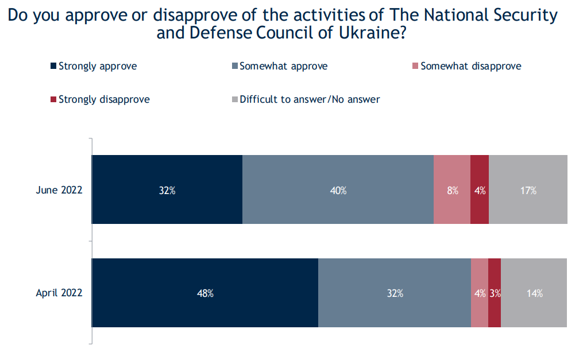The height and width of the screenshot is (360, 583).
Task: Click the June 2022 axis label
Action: (59, 190)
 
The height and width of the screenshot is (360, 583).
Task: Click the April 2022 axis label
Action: (59, 293)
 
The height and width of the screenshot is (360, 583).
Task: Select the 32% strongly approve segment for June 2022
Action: (167, 189)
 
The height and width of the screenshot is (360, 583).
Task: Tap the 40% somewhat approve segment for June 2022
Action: (338, 189)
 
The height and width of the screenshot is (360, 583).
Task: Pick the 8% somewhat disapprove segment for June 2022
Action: (452, 189)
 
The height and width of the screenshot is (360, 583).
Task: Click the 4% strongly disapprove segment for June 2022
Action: (480, 189)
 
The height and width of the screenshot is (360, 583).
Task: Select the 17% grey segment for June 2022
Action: (528, 189)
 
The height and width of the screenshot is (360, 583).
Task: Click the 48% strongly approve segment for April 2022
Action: (205, 293)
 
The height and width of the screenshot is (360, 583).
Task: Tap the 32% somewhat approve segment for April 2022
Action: (395, 293)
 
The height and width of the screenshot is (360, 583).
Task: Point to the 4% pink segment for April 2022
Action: (479, 293)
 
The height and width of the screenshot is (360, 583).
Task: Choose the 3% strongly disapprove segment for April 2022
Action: (495, 293)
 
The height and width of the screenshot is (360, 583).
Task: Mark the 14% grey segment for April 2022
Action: (534, 293)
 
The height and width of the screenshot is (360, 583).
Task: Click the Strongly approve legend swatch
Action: (54, 66)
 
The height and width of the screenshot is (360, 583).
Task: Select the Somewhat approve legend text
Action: (283, 66)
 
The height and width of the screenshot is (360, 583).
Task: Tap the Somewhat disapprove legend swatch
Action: (416, 66)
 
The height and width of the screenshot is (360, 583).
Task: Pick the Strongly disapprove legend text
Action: (104, 99)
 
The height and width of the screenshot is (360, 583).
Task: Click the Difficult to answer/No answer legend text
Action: (310, 99)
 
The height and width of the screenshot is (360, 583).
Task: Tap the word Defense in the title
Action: (217, 33)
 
